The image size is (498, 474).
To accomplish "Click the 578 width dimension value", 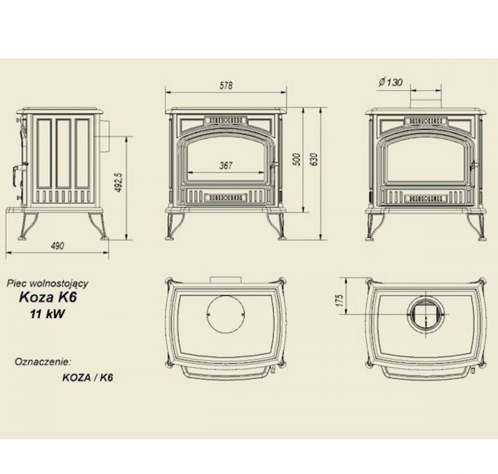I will (x=226, y=86).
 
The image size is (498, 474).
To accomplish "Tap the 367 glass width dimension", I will (x=226, y=165).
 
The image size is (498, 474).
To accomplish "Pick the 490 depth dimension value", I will (x=57, y=246).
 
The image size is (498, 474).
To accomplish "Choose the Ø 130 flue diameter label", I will (x=390, y=82).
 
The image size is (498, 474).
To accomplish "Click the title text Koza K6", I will (x=48, y=297).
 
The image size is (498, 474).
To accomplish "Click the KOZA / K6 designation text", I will (x=88, y=378).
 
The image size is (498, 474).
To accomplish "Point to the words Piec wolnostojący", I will (x=47, y=283).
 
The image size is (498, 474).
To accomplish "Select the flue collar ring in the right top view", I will (x=425, y=314).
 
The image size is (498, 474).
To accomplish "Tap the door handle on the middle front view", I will (x=274, y=164).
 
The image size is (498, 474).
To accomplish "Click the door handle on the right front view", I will (x=474, y=165).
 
